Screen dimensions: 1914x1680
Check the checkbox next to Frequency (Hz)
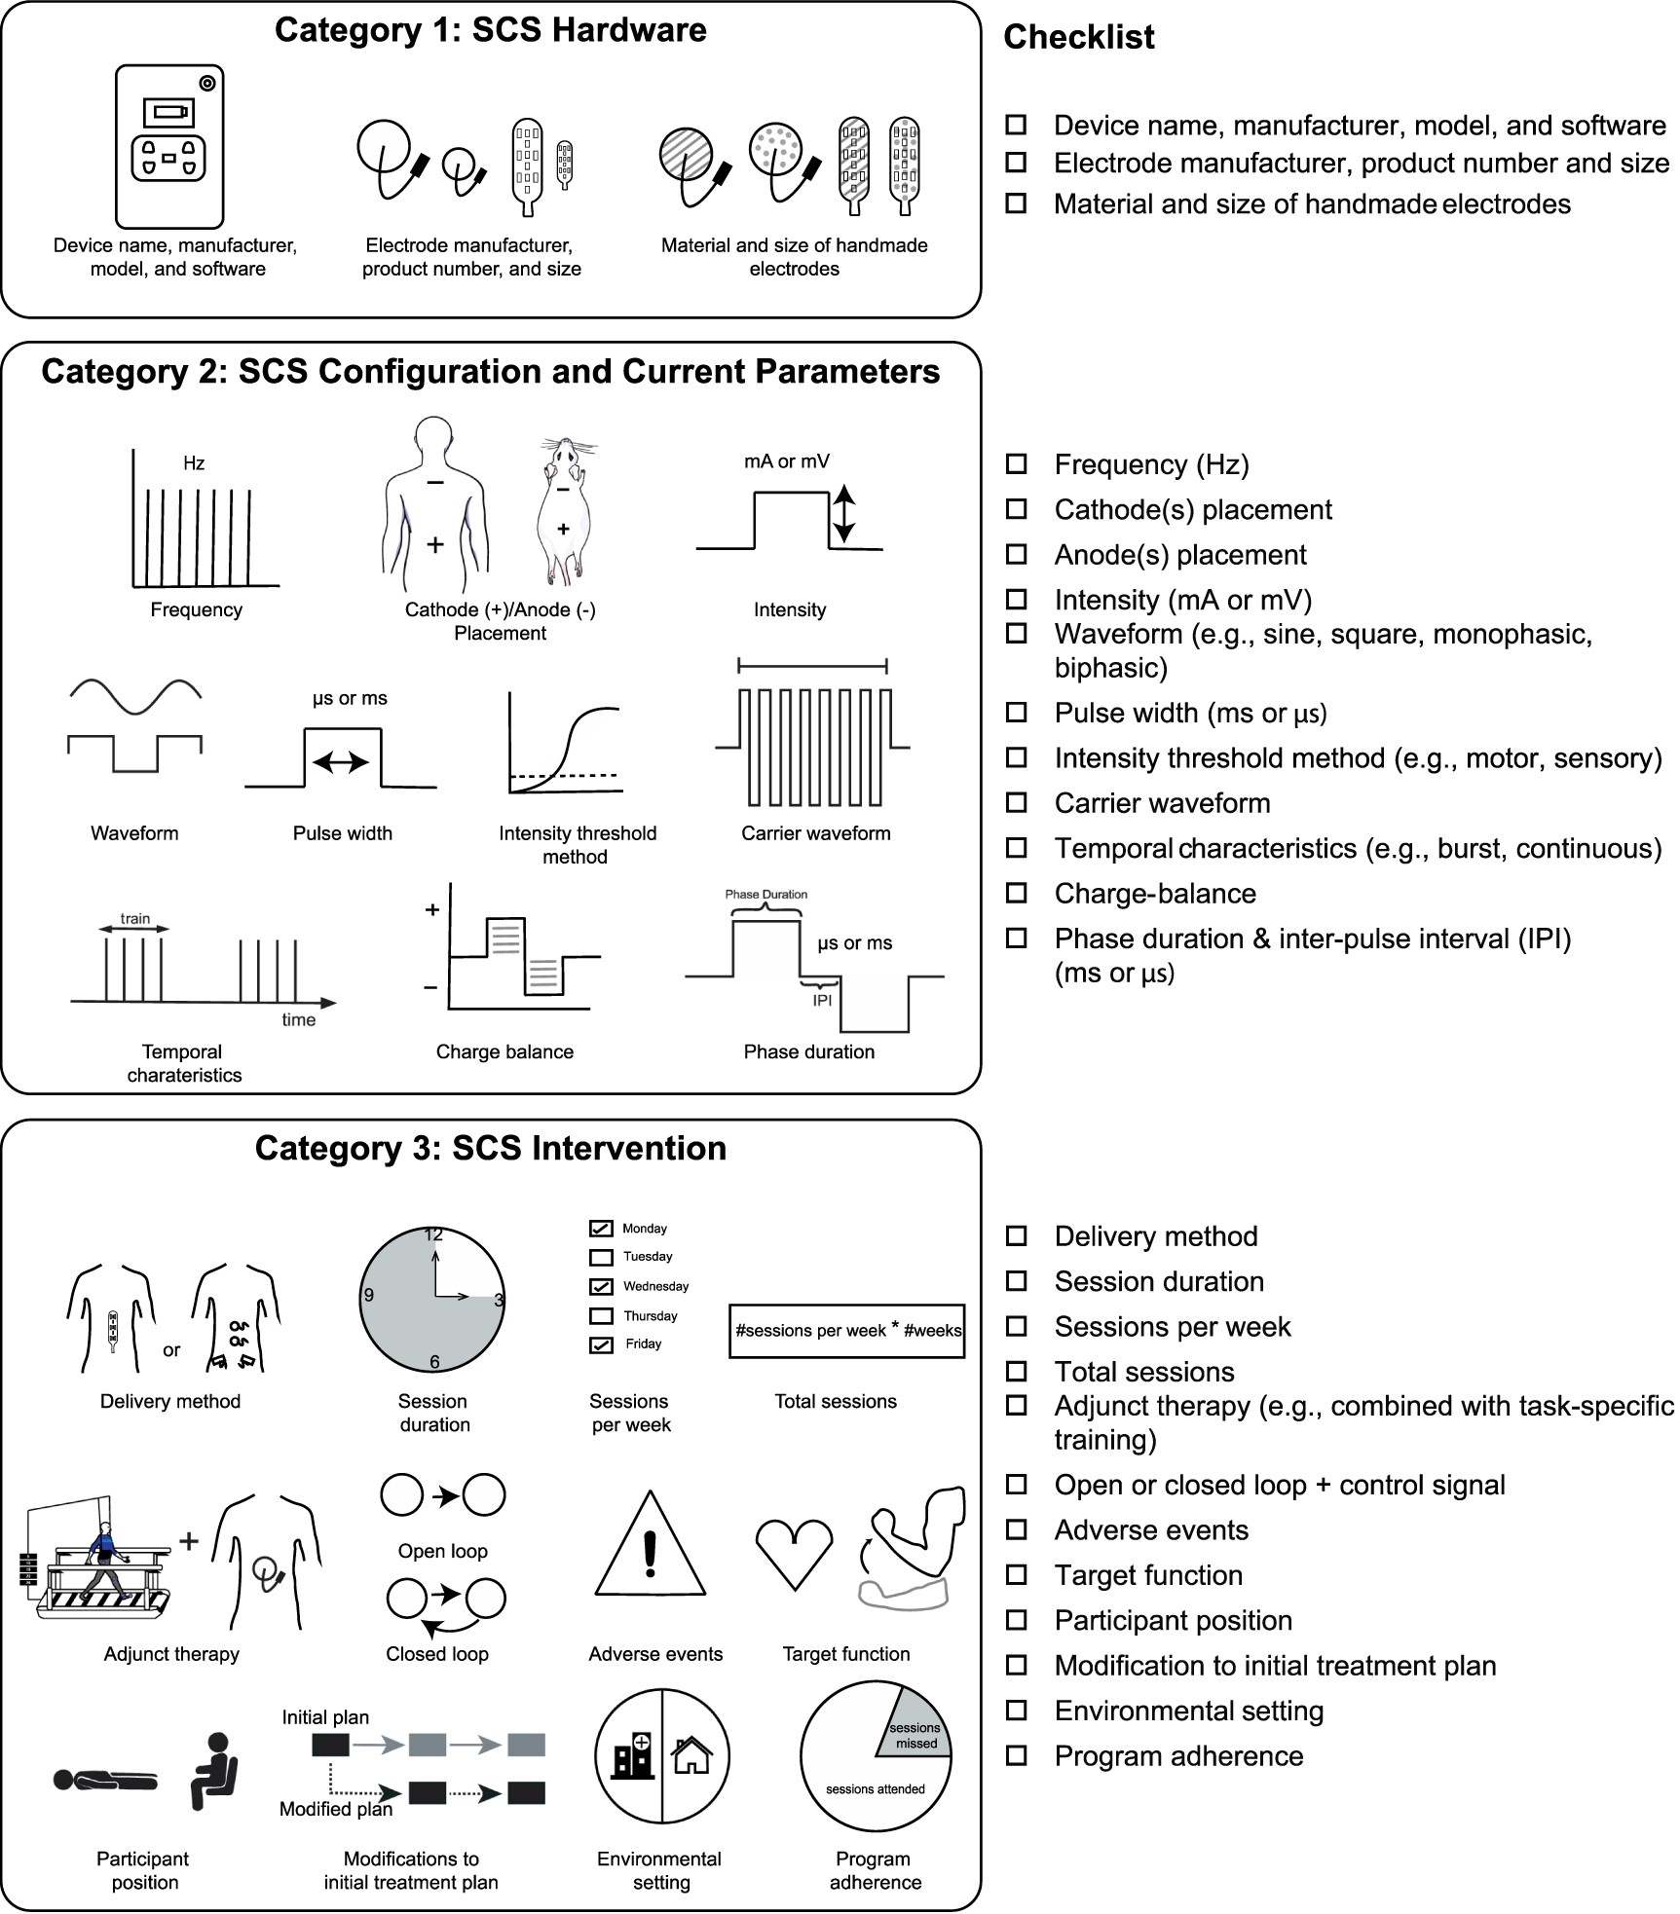(x=1016, y=464)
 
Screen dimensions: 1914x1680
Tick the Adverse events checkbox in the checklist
(x=1016, y=1529)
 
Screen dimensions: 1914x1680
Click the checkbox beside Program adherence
(x=1016, y=1755)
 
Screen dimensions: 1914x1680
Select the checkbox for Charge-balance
(x=1016, y=893)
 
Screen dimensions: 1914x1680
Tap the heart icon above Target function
(x=795, y=1555)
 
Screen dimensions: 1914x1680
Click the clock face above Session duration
(x=432, y=1298)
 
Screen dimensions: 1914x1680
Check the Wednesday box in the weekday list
(x=601, y=1286)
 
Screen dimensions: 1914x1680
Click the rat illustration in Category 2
(x=563, y=511)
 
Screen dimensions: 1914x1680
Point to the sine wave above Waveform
(x=134, y=695)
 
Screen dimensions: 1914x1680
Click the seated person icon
(x=214, y=1769)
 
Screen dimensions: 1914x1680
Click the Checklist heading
(x=1078, y=37)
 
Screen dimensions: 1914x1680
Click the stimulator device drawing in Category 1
(x=169, y=146)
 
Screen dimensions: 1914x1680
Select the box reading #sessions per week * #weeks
(x=846, y=1330)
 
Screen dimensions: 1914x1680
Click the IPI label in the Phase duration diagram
(x=822, y=1000)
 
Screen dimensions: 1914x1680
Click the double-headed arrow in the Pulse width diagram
(x=341, y=762)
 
